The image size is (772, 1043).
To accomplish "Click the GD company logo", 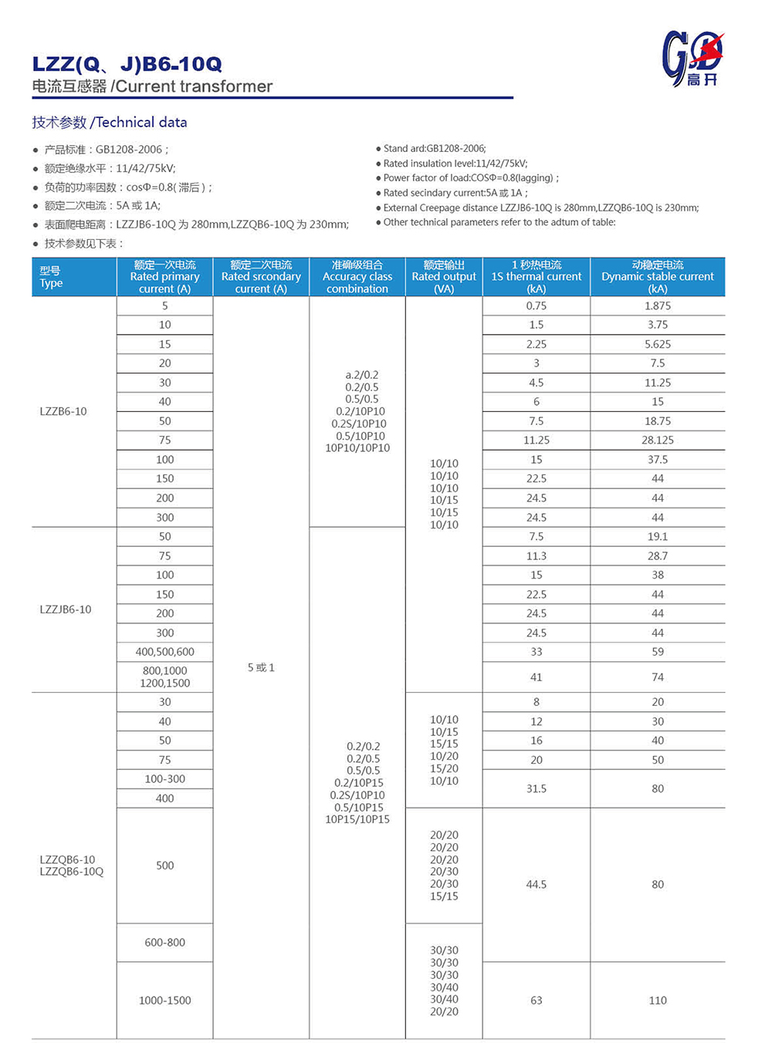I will tap(692, 59).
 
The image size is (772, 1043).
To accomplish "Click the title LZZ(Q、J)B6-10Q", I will tap(127, 64).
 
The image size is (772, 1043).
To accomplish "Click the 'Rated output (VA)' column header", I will tap(444, 277).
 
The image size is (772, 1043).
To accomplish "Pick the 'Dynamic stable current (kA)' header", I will tap(658, 277).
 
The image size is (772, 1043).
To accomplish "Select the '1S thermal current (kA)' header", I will tap(537, 277).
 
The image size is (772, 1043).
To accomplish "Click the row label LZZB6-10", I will tap(63, 411).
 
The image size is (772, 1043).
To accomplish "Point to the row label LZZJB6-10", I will tap(66, 609).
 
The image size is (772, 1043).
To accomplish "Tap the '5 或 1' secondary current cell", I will tap(261, 667).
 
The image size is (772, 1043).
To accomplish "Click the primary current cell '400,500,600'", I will tap(165, 652).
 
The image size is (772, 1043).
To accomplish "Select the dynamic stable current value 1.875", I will tap(658, 305).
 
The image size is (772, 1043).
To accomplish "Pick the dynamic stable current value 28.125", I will tap(658, 440).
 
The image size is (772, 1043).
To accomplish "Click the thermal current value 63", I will tap(537, 1000).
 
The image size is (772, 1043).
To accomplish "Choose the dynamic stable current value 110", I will tap(658, 1000).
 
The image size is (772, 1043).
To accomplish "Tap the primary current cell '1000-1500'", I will tap(165, 1000).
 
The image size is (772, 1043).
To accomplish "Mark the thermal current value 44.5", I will tap(537, 884).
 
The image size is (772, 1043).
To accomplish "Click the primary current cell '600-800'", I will tap(165, 942).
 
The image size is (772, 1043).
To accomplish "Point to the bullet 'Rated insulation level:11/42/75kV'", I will tap(455, 164).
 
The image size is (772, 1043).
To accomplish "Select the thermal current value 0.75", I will tap(537, 305).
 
